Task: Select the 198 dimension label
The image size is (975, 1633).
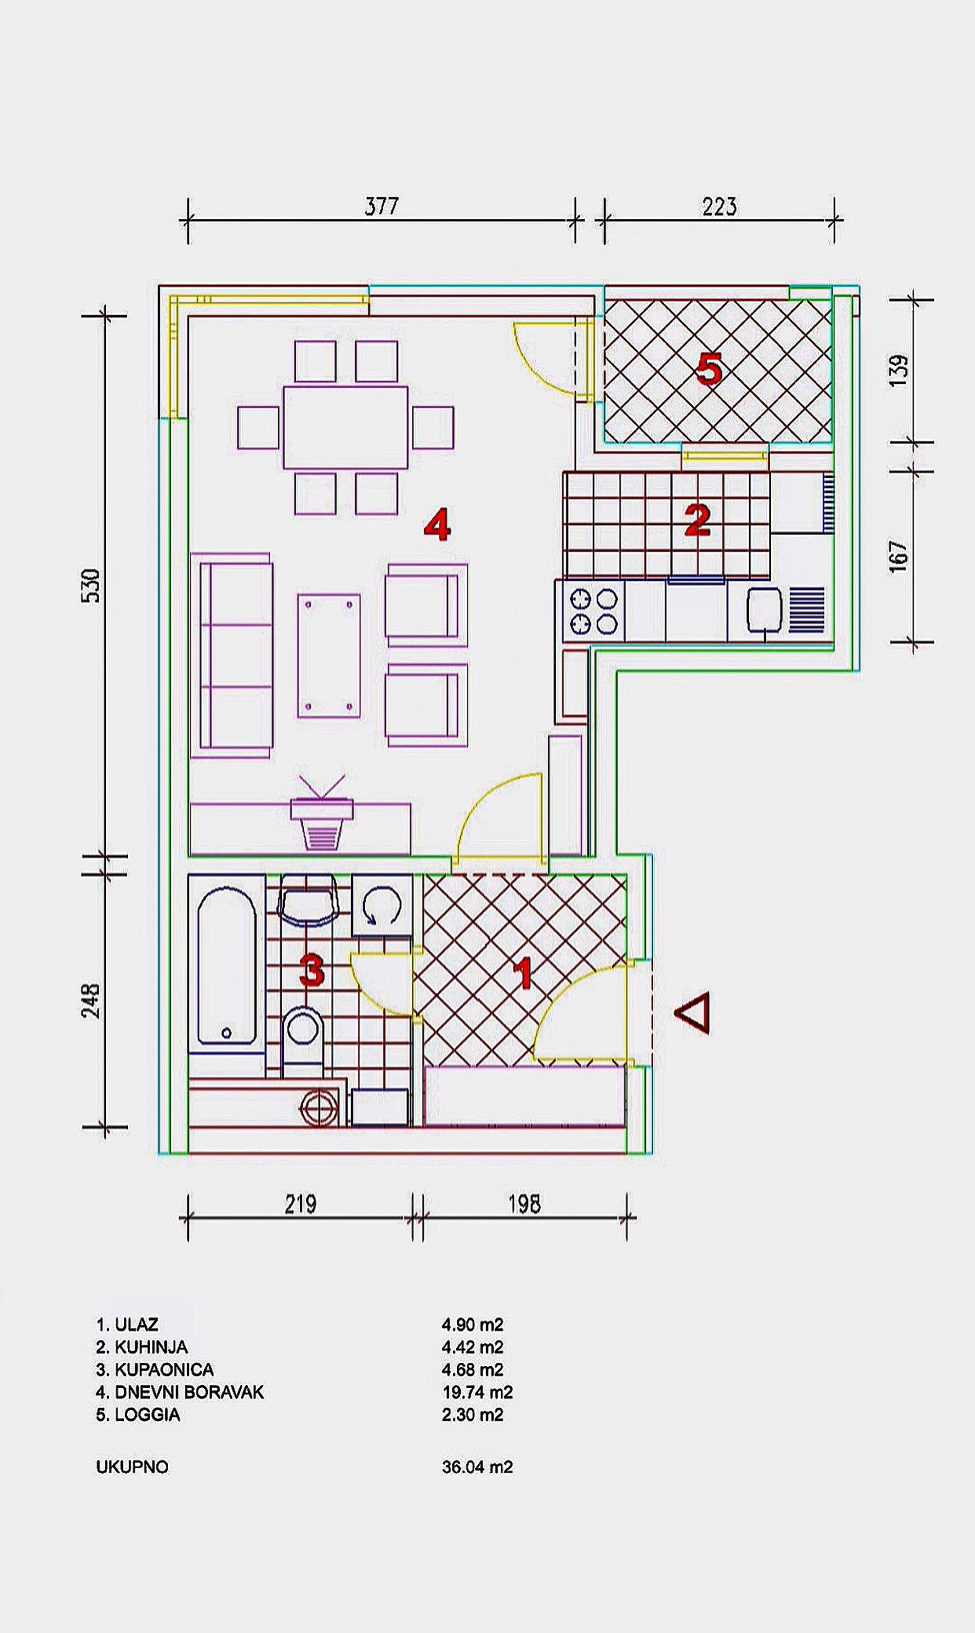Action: click(x=524, y=1204)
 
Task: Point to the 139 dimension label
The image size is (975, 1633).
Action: click(x=899, y=371)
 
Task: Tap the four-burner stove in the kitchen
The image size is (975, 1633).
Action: click(x=593, y=611)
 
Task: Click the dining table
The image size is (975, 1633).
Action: click(x=346, y=427)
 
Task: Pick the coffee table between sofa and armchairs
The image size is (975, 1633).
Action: click(x=329, y=656)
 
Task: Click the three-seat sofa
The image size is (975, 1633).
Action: click(x=231, y=655)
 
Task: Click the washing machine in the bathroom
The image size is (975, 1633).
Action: click(x=382, y=905)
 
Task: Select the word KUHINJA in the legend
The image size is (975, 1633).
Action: click(x=151, y=1347)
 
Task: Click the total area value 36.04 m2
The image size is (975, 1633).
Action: click(x=477, y=1467)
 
